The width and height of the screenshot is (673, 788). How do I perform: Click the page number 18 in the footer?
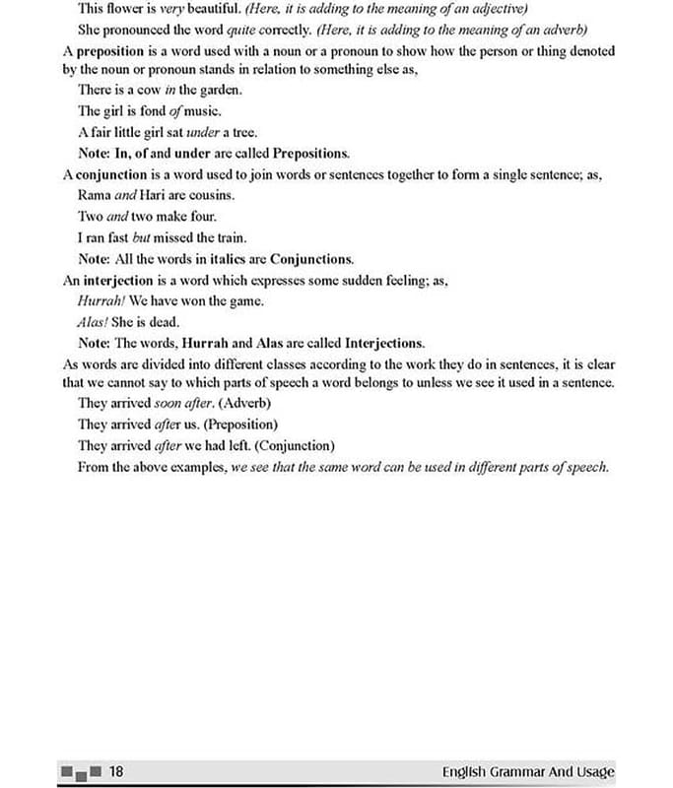click(x=115, y=770)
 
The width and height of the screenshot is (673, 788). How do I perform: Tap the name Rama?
click(x=95, y=195)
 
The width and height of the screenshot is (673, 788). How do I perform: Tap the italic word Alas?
click(x=95, y=322)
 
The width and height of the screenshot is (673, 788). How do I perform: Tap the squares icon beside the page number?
click(x=80, y=771)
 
